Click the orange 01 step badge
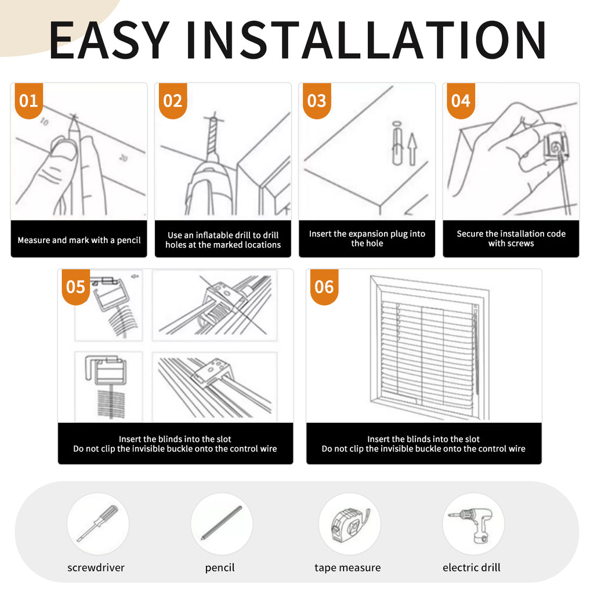coord(29,101)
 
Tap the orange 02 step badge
coord(173,101)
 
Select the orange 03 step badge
coord(317,101)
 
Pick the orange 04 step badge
coord(461,101)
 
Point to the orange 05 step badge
coord(76,287)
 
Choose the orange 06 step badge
coord(324,287)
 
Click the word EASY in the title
coord(109,40)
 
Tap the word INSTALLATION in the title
coord(366,40)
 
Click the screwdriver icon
coord(97,523)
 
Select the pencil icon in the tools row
coord(221,523)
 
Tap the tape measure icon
coord(350,525)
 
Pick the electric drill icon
coord(471,524)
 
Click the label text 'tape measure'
coord(347,567)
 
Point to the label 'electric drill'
coord(471,567)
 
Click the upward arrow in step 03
coord(412,148)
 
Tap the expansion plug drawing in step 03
coord(397,143)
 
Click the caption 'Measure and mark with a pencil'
coord(79,240)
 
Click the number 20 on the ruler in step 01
coord(124,158)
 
